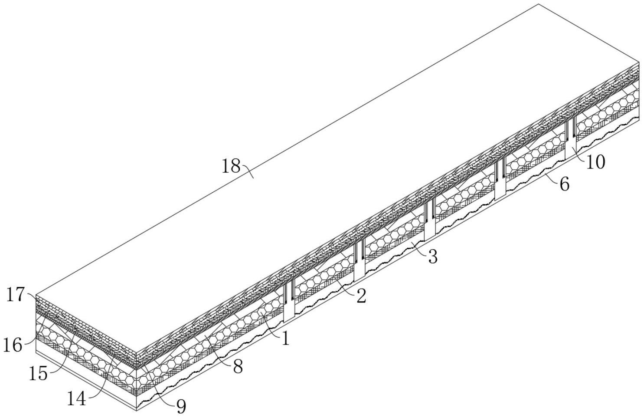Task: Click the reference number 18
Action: coord(231,166)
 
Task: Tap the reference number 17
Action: coord(16,295)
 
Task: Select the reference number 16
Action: coord(13,346)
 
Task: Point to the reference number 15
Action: coord(38,373)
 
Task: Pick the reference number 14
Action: coord(76,398)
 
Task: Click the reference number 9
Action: coord(181,406)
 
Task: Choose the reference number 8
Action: coord(238,367)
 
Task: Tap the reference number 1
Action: coord(285,339)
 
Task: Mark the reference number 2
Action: coord(361,296)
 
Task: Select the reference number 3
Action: coord(432,257)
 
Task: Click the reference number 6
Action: coord(564,184)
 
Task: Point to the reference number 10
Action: coord(595,162)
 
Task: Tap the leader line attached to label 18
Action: coord(248,171)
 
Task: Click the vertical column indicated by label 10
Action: coord(570,143)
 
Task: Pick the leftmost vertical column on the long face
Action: coord(289,304)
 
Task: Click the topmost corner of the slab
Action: coord(539,4)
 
